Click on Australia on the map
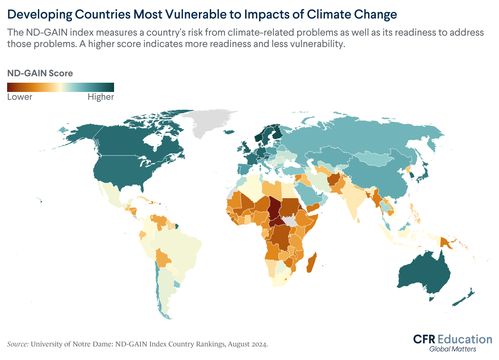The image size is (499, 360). point(424,274)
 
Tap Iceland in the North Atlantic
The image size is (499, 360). point(229,132)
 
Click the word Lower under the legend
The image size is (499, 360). point(20,97)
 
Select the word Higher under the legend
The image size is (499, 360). point(101,97)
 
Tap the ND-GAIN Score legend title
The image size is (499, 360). point(40,73)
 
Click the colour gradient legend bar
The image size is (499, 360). point(61,87)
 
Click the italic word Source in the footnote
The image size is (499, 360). point(18,344)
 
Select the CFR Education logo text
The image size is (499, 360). point(453,339)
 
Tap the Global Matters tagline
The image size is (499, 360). point(453,349)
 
